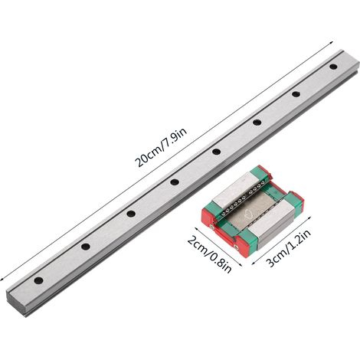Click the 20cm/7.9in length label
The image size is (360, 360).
coord(162,147)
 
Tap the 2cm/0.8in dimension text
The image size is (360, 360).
coord(210,254)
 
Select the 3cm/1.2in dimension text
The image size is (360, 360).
coord(289,248)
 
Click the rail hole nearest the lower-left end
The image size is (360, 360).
coord(38,280)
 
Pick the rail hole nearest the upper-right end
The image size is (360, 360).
coord(333,67)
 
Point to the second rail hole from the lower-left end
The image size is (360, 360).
coord(86,247)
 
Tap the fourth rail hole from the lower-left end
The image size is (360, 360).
coord(175,182)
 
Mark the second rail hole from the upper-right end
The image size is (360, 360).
coord(296,94)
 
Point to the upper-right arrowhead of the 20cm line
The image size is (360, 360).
coord(331,42)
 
